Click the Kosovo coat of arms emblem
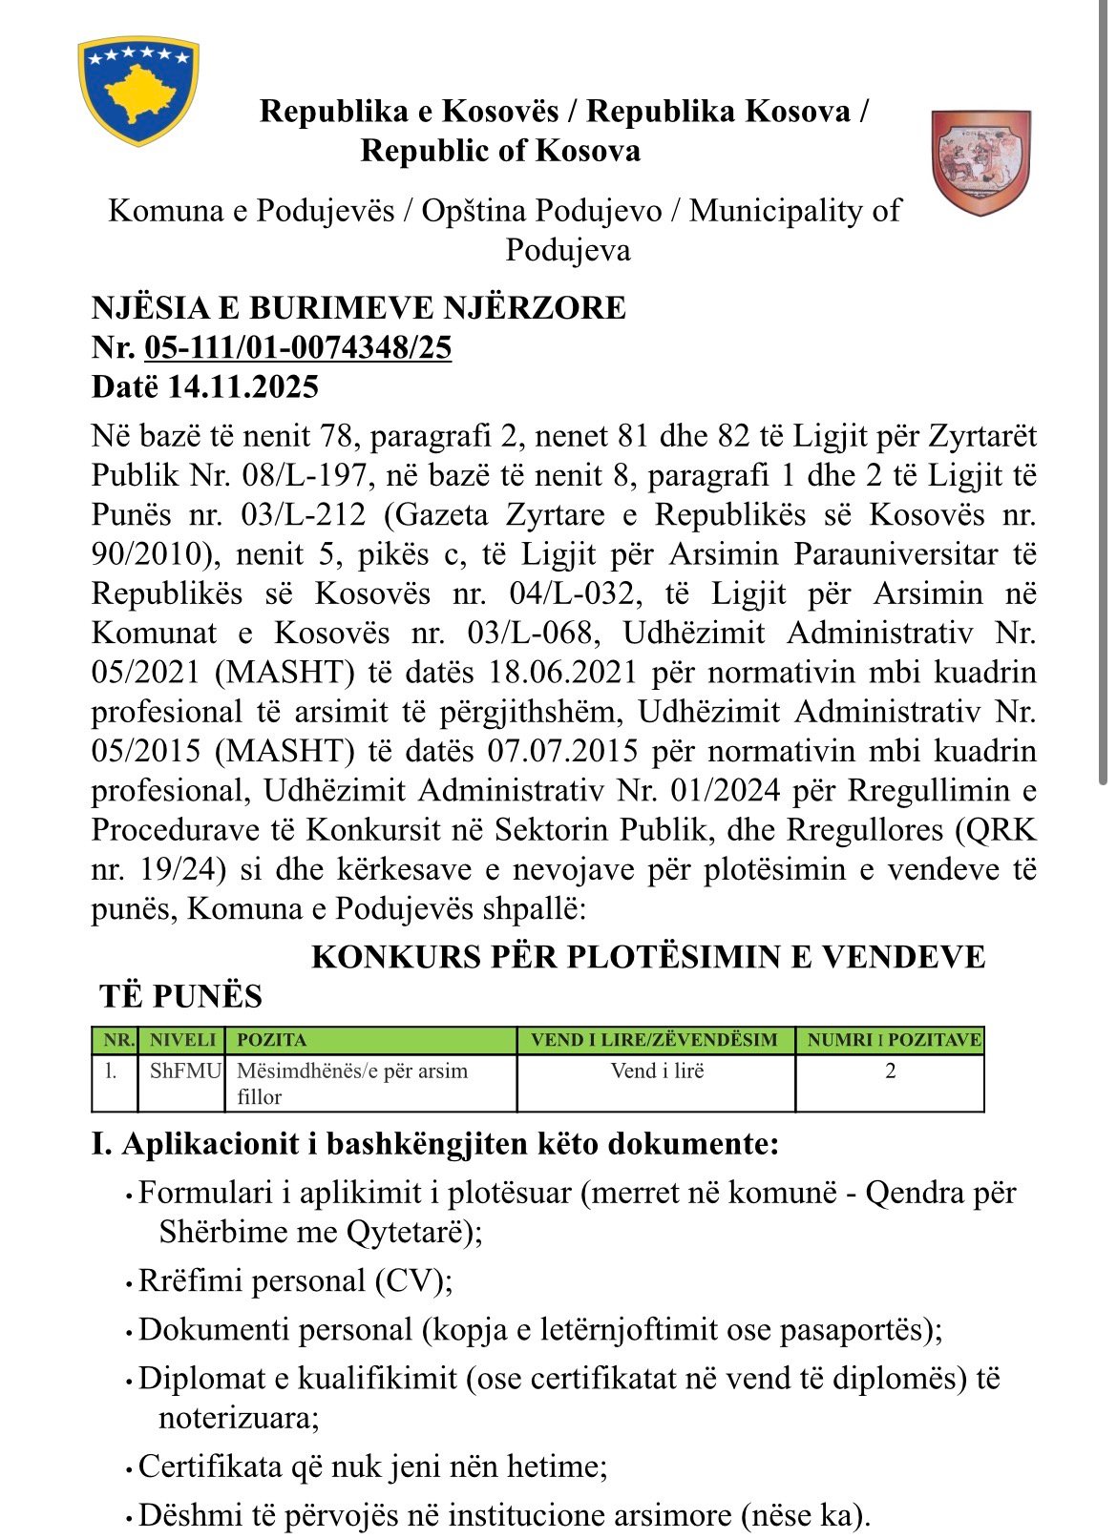point(139,91)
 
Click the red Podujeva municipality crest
point(980,161)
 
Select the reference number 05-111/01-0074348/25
point(298,347)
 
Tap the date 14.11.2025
point(243,386)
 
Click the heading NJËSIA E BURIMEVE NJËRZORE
point(359,307)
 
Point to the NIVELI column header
point(183,1040)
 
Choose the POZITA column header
point(272,1040)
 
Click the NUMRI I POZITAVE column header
point(893,1040)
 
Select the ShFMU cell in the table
point(185,1071)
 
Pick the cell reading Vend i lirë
point(657,1071)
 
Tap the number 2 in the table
point(891,1071)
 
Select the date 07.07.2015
point(562,751)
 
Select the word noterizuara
point(238,1418)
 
